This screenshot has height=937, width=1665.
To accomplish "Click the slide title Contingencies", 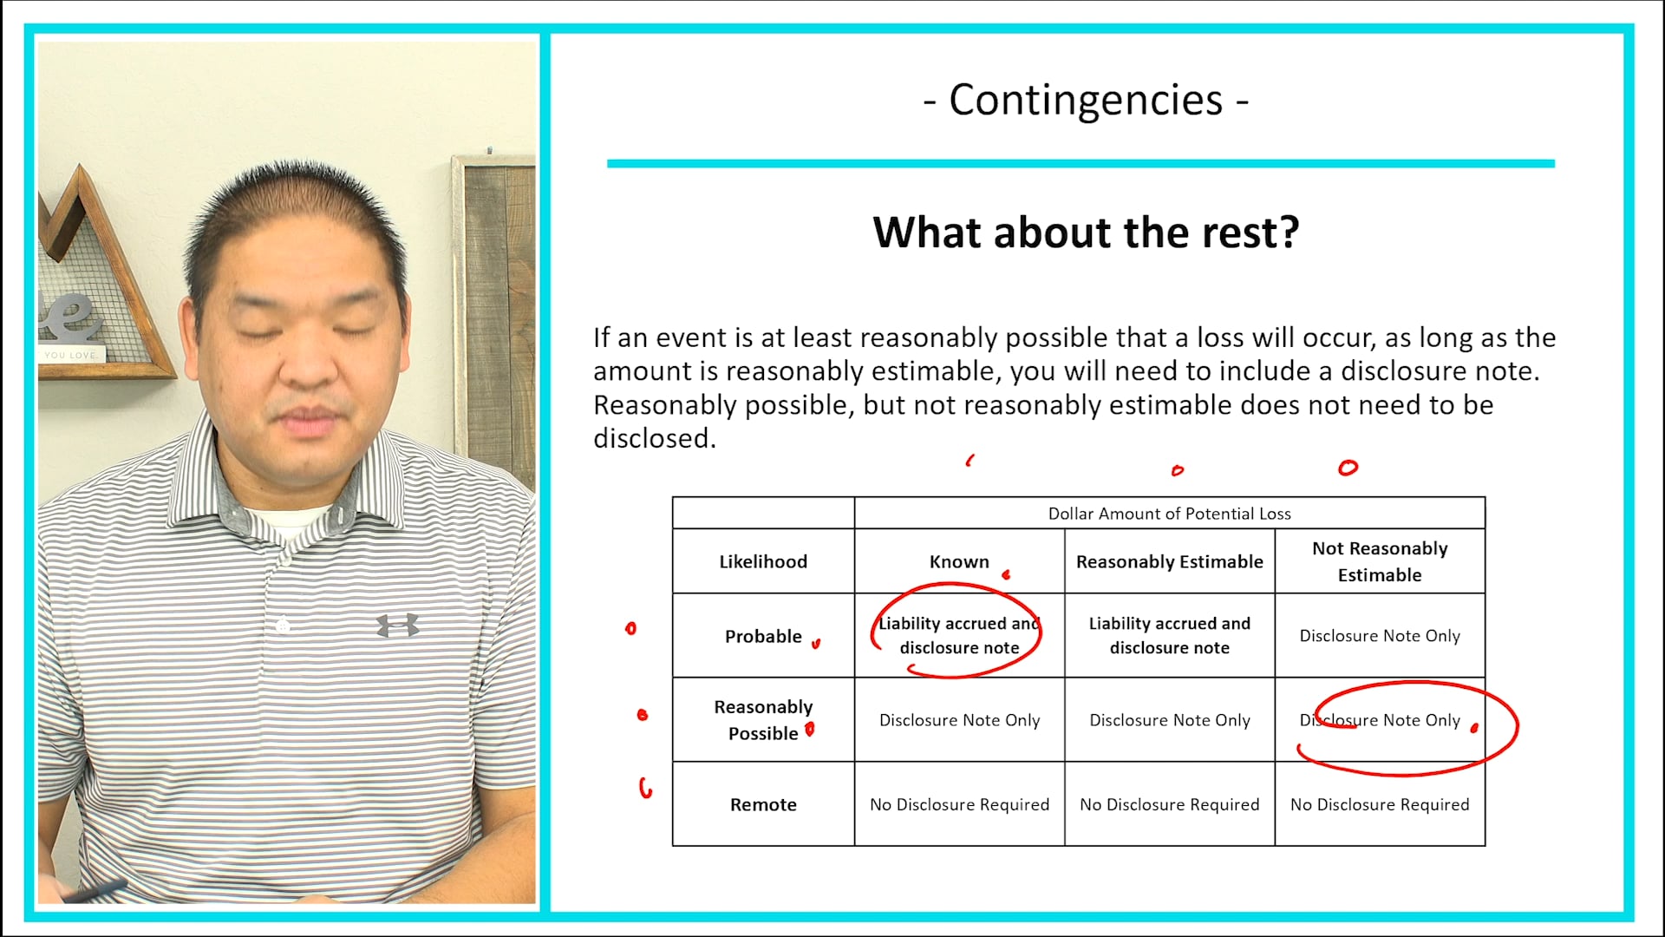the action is coord(1086,100).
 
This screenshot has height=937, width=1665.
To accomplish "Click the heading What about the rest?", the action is coord(1086,233).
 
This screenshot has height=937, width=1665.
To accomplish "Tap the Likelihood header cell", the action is coord(763,561).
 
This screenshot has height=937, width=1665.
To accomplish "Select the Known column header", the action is coord(959,561).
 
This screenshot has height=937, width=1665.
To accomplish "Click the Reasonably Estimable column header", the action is coord(1169,561).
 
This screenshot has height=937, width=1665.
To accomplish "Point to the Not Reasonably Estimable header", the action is coord(1380,561).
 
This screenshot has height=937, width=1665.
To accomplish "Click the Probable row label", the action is coord(763,636).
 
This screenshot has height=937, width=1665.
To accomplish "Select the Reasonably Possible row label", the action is coord(763,720).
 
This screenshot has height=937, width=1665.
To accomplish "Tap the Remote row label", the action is coord(763,804).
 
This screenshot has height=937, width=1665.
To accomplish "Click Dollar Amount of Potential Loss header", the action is coord(1169,514).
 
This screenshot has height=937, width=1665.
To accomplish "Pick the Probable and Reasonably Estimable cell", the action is coord(1169,635).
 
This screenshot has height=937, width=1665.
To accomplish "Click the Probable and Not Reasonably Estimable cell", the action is coord(1380,636).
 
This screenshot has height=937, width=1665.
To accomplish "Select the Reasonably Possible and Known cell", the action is coord(959,720).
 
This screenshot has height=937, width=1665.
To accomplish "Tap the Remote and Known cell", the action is coord(959,804).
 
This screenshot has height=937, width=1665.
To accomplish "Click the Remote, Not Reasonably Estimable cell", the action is coord(1380,804).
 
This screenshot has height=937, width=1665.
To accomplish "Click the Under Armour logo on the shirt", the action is coord(398,625).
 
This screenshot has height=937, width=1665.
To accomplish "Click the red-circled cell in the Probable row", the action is coord(959,635).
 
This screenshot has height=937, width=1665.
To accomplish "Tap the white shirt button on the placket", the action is coord(283,624).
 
